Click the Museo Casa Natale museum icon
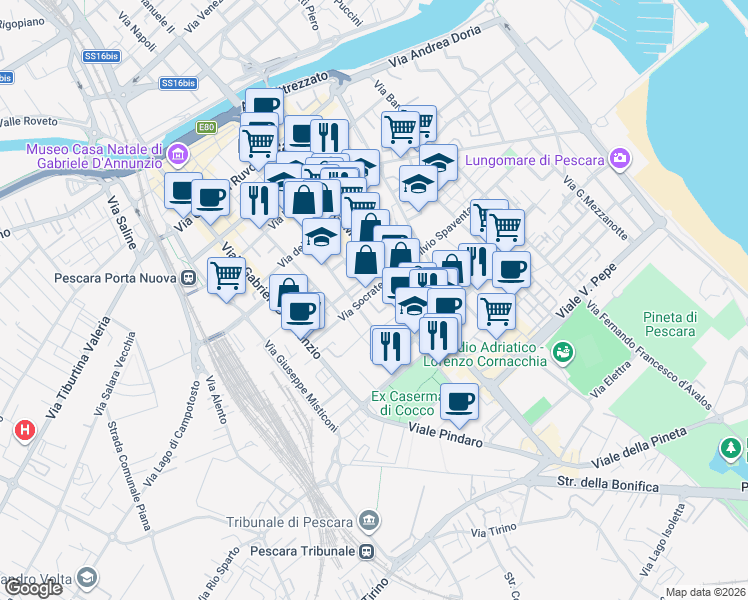coord(179,154)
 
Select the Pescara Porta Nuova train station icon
coord(187,278)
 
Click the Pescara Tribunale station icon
coord(368,551)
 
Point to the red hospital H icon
coord(25,430)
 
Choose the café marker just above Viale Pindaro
coord(459,401)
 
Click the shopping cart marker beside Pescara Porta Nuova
coord(227,275)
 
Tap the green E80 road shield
coord(207,127)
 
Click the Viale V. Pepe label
coord(588,289)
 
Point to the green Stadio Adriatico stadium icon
coord(562,351)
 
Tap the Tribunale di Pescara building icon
coord(370,520)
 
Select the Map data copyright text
coord(706,592)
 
